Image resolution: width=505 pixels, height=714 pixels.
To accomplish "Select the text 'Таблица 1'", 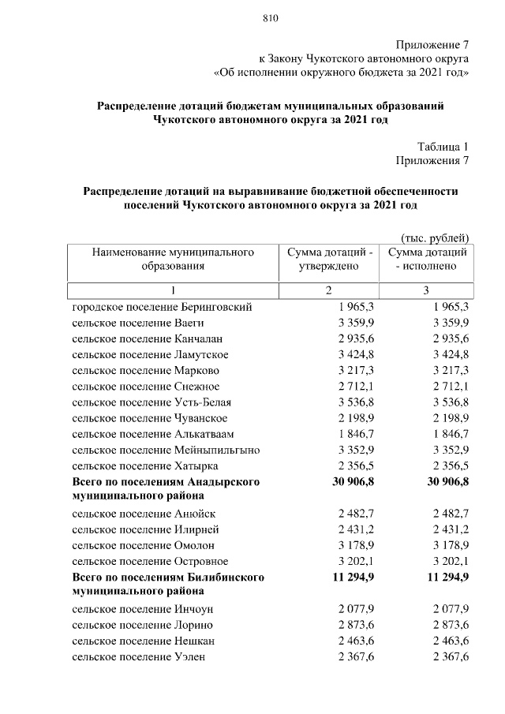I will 443,146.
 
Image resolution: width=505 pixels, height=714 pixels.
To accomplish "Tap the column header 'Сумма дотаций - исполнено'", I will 425,260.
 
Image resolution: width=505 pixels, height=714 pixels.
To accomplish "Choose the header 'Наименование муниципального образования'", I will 173,260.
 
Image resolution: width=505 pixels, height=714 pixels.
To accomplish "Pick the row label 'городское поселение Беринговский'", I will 162,307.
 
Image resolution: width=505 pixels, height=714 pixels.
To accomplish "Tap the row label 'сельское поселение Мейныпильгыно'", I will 166,450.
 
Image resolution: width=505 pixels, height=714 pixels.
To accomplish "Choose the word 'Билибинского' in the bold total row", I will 229,578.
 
